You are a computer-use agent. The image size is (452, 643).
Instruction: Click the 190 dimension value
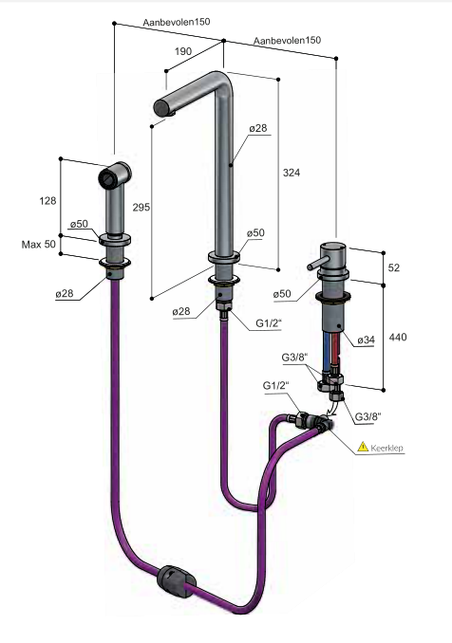[x=183, y=51]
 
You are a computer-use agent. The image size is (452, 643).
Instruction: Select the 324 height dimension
[x=292, y=173]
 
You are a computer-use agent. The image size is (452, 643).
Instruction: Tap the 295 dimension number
[x=141, y=207]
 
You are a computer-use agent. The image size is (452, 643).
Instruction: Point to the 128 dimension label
[x=47, y=200]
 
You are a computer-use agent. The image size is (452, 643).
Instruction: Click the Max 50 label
[x=39, y=245]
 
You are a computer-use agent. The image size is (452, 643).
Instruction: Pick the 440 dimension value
[x=398, y=337]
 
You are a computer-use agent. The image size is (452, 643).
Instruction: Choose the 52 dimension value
[x=394, y=267]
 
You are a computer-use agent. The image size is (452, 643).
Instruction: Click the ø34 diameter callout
[x=366, y=340]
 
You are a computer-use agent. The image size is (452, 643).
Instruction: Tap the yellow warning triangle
[x=363, y=447]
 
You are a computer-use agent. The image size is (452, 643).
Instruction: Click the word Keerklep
[x=387, y=448]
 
